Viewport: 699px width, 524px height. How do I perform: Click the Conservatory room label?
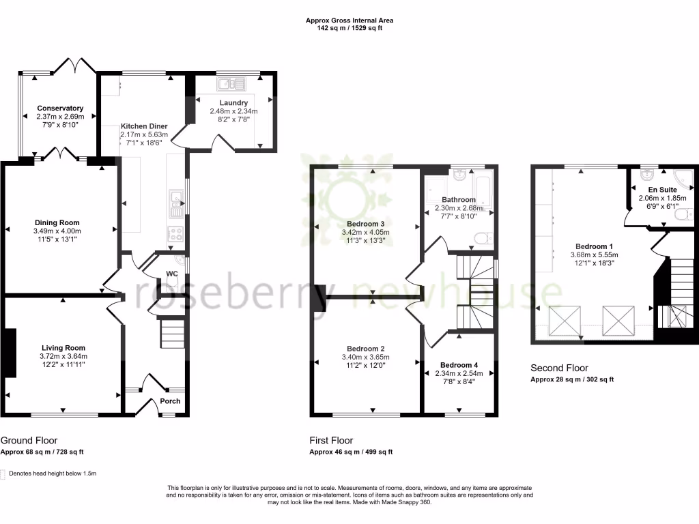[60, 108]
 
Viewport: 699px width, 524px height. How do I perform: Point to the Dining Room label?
[57, 222]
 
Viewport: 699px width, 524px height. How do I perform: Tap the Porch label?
[170, 401]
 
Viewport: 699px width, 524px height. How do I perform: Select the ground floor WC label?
[172, 274]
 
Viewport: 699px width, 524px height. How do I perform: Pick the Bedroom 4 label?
[459, 364]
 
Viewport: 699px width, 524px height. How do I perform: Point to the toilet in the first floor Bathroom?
[483, 238]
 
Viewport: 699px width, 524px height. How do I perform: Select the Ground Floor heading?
[29, 441]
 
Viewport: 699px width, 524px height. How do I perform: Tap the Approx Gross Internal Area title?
[349, 21]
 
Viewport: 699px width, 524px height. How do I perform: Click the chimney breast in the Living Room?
[10, 352]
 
